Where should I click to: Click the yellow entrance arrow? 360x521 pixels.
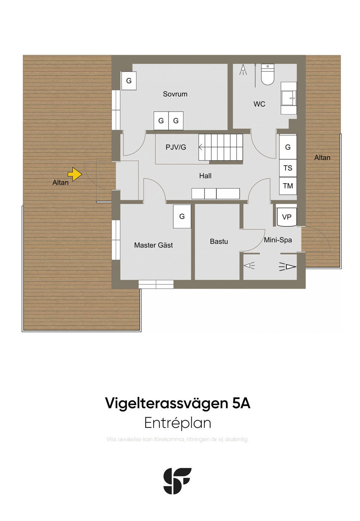pyautogui.click(x=75, y=174)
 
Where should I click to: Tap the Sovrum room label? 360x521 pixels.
pyautogui.click(x=175, y=94)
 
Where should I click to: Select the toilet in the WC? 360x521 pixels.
pyautogui.click(x=268, y=75)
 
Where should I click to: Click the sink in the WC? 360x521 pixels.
pyautogui.click(x=289, y=98)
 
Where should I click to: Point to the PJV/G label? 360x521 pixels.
pyautogui.click(x=175, y=147)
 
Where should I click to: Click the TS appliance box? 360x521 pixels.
pyautogui.click(x=288, y=168)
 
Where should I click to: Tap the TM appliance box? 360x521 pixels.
pyautogui.click(x=288, y=186)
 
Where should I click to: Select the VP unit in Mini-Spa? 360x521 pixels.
pyautogui.click(x=287, y=217)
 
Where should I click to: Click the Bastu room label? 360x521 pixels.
pyautogui.click(x=219, y=242)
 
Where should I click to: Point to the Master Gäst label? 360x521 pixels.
pyautogui.click(x=154, y=245)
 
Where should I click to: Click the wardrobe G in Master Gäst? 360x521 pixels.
pyautogui.click(x=182, y=216)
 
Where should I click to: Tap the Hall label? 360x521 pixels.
pyautogui.click(x=205, y=176)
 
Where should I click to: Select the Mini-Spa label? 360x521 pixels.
pyautogui.click(x=278, y=240)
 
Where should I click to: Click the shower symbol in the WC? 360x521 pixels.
pyautogui.click(x=243, y=70)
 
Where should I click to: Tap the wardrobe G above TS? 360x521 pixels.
pyautogui.click(x=288, y=147)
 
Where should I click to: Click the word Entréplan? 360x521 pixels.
pyautogui.click(x=178, y=423)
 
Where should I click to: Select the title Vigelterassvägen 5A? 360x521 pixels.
pyautogui.click(x=178, y=403)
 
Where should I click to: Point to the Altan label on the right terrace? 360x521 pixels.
pyautogui.click(x=322, y=158)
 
